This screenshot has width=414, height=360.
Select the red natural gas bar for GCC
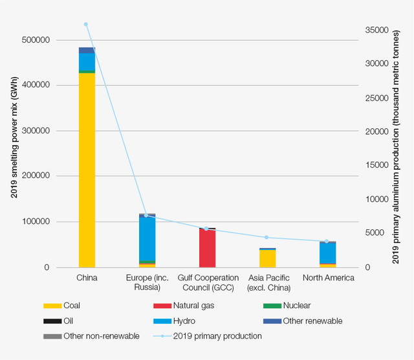point(207,249)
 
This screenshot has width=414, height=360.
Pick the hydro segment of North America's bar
point(327,253)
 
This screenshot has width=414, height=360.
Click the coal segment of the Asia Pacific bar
point(267,258)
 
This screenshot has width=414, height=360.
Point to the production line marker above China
point(86,25)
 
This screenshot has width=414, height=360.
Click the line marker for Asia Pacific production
point(267,238)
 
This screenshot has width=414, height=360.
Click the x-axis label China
point(86,278)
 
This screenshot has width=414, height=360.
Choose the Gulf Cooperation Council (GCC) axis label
point(207,282)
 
